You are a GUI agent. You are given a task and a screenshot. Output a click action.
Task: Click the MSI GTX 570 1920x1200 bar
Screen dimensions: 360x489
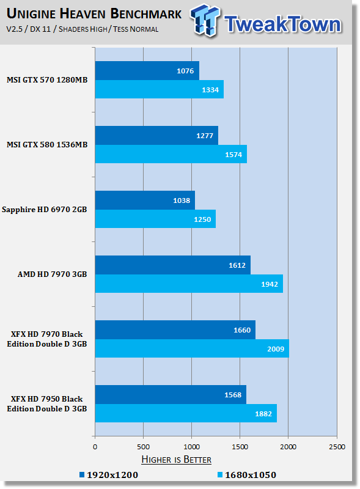click(x=147, y=70)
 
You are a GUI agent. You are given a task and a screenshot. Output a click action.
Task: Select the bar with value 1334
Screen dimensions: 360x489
click(x=160, y=89)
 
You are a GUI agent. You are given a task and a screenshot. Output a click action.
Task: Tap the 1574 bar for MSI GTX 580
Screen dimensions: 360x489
click(x=171, y=154)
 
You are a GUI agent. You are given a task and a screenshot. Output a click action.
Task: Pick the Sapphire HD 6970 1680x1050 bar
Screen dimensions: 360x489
click(x=155, y=219)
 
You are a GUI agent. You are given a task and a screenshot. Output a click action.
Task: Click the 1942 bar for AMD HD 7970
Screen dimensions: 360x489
click(x=189, y=284)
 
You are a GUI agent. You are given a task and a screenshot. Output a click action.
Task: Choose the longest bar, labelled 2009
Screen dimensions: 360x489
click(x=192, y=348)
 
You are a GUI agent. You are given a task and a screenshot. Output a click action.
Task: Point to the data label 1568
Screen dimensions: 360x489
click(x=233, y=395)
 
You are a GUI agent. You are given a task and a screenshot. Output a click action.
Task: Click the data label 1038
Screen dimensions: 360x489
click(x=182, y=200)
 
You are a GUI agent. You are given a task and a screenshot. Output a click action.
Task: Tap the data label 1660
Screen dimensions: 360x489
click(x=242, y=330)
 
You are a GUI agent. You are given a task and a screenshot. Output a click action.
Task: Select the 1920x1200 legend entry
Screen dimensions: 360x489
click(x=109, y=475)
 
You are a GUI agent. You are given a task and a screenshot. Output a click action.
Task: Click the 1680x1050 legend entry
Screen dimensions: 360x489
click(x=247, y=475)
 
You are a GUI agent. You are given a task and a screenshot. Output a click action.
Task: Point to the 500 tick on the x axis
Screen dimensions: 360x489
click(x=143, y=447)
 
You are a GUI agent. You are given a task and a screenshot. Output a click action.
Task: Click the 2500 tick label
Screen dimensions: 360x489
click(x=337, y=447)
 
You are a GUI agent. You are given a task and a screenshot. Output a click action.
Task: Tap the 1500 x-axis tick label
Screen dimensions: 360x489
click(x=240, y=447)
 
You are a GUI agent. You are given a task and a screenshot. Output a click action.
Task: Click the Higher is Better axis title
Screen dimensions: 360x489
click(x=176, y=460)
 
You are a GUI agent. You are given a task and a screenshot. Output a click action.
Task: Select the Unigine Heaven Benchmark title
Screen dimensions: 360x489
click(x=94, y=13)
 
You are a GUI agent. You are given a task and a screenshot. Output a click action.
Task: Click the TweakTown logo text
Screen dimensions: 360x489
click(x=282, y=24)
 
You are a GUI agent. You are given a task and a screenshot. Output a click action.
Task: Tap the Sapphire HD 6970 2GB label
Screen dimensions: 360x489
click(x=44, y=210)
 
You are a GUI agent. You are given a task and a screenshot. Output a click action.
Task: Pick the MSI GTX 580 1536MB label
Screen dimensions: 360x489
click(x=47, y=145)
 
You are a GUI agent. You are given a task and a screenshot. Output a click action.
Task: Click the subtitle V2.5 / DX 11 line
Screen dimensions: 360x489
click(x=83, y=29)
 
